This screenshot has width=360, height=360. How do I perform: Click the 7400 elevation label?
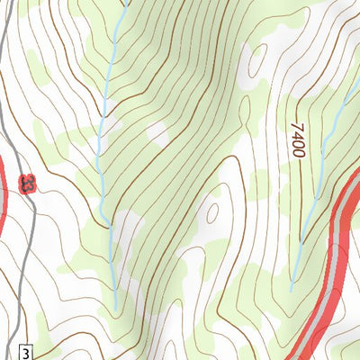point(296,140)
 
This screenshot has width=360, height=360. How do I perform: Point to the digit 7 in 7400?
point(295,126)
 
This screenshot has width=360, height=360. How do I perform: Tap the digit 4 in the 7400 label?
point(296,135)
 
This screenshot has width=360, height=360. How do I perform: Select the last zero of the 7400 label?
point(296,153)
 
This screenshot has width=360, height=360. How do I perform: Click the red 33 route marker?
point(30,184)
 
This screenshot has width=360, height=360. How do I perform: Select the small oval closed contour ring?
point(213,212)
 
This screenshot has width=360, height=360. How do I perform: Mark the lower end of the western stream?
point(116,307)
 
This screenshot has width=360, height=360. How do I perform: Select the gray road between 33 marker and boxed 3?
point(24,270)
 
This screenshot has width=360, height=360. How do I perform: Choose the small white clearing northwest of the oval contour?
point(157,130)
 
